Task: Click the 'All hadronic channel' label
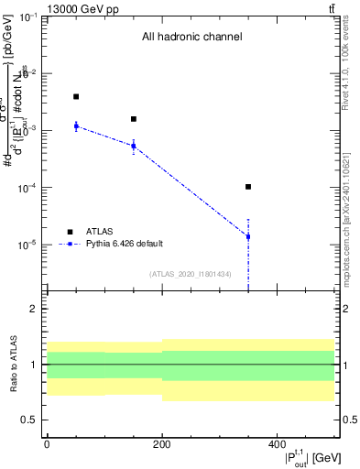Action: (x=191, y=38)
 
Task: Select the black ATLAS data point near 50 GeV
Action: (x=76, y=96)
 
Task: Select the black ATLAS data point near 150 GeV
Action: (x=134, y=119)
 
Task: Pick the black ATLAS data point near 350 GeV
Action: (x=248, y=187)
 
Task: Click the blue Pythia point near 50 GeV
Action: (x=76, y=125)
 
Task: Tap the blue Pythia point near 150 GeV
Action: (x=134, y=146)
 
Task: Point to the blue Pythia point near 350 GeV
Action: (x=248, y=236)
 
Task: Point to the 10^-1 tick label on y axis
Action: (x=27, y=17)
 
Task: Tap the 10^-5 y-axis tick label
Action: (x=27, y=245)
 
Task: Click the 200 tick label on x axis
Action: (x=161, y=443)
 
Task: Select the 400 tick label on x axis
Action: (x=277, y=443)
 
